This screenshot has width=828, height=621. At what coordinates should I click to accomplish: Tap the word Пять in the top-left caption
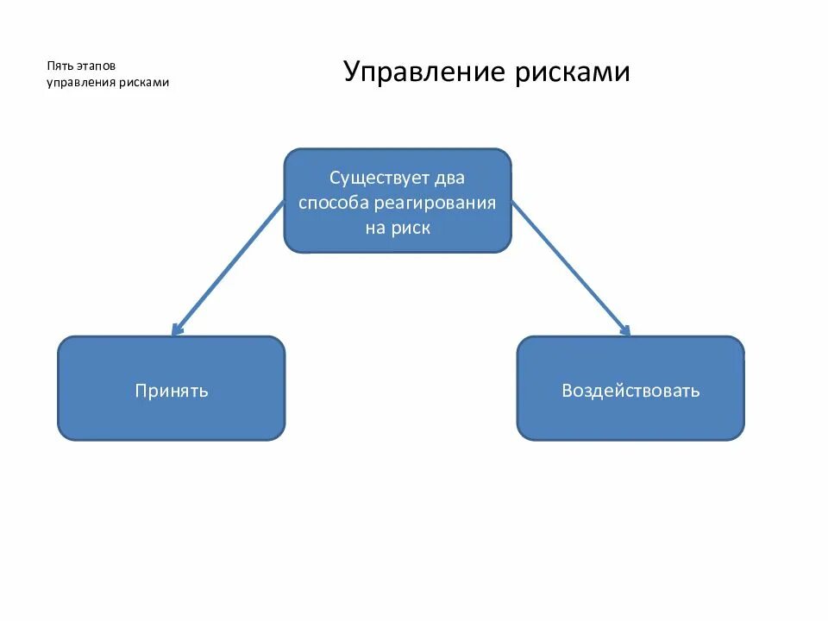tap(59, 66)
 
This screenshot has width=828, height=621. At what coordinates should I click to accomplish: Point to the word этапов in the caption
tap(94, 66)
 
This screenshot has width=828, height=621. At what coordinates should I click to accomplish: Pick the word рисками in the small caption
tap(142, 83)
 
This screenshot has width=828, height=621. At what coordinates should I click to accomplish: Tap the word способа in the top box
tap(334, 204)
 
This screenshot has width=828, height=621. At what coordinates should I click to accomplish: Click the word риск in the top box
tap(411, 229)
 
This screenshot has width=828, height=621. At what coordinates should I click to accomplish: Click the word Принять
tap(172, 390)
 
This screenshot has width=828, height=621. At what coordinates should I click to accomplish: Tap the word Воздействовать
tap(630, 390)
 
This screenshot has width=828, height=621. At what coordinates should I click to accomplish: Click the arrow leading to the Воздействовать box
tap(569, 265)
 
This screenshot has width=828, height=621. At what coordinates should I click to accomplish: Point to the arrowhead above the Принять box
tap(177, 329)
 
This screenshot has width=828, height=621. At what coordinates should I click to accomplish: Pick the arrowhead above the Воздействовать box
tap(625, 329)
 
